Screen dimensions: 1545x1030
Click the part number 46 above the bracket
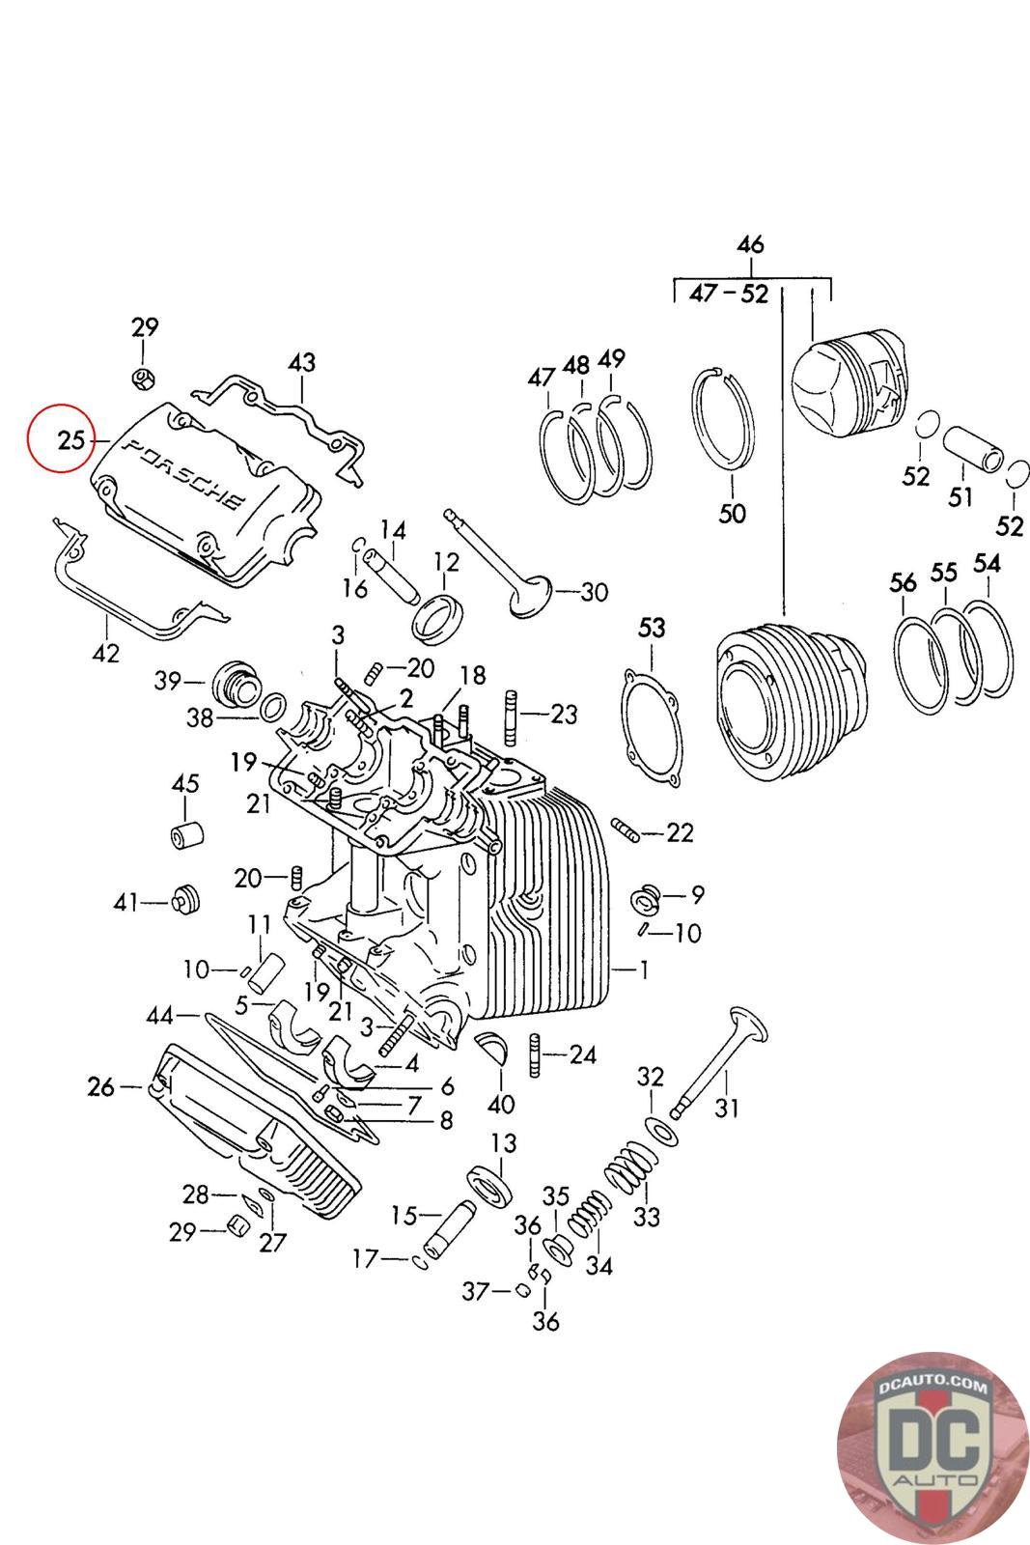750,245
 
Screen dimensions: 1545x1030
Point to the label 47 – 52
729,294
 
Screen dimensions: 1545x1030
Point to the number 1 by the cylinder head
644,969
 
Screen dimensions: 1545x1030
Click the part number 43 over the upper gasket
302,363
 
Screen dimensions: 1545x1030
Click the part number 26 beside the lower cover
100,1087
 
